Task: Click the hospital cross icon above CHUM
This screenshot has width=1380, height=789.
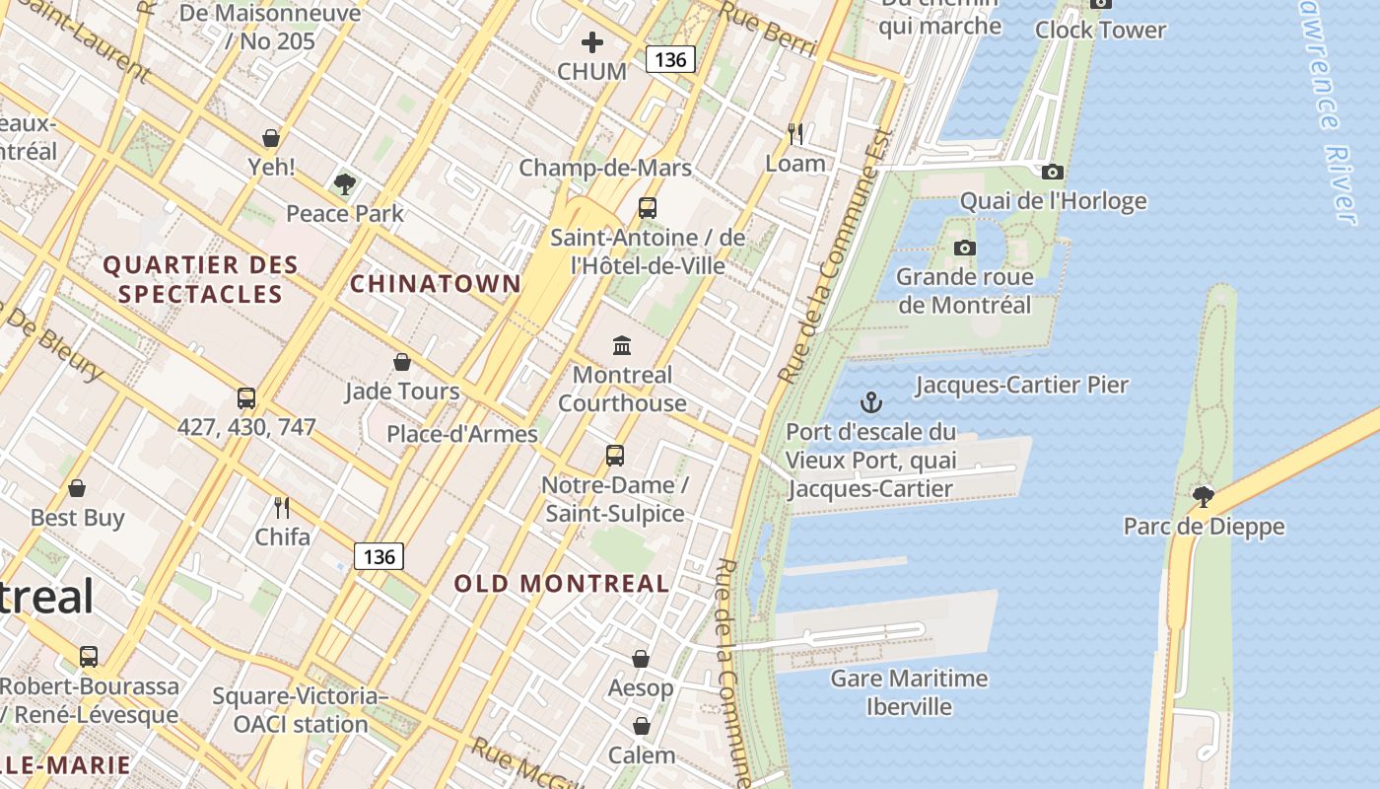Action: (591, 42)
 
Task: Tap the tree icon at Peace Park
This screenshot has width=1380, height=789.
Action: (344, 183)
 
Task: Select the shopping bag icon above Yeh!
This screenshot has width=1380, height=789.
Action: (271, 138)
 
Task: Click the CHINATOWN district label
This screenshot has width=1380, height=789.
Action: (435, 284)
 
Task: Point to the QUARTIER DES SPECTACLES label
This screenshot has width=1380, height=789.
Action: (200, 279)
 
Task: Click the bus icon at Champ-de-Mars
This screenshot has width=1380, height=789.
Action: (647, 208)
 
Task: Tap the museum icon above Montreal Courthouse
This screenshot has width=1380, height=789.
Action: (622, 345)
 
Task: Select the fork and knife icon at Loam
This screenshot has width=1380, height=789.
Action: (795, 133)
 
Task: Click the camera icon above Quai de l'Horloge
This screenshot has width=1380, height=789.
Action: (1052, 173)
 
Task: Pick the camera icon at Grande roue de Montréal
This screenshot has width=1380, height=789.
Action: (965, 248)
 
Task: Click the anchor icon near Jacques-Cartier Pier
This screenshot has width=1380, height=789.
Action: (870, 402)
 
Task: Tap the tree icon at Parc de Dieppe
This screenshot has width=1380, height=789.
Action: (1203, 496)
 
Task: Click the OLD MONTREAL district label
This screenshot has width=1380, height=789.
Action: (562, 583)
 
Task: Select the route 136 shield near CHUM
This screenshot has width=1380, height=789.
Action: (670, 59)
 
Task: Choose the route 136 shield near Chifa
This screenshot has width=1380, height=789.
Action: (379, 556)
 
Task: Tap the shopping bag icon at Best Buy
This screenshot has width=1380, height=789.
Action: (77, 488)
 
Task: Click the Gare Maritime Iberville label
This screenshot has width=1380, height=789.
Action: (909, 692)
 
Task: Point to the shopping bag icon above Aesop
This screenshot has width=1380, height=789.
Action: (641, 658)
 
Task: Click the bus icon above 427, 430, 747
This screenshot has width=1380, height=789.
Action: (246, 398)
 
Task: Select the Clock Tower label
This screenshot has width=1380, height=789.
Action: (1100, 30)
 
